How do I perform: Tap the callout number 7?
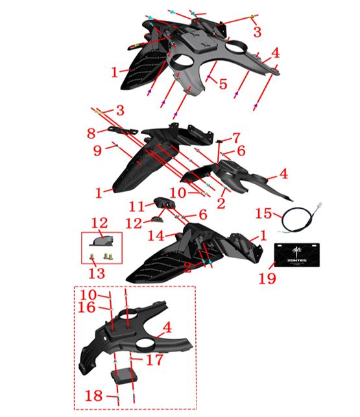coord(237,138)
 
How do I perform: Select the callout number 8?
coord(92,133)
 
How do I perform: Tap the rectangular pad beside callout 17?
coord(124,374)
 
